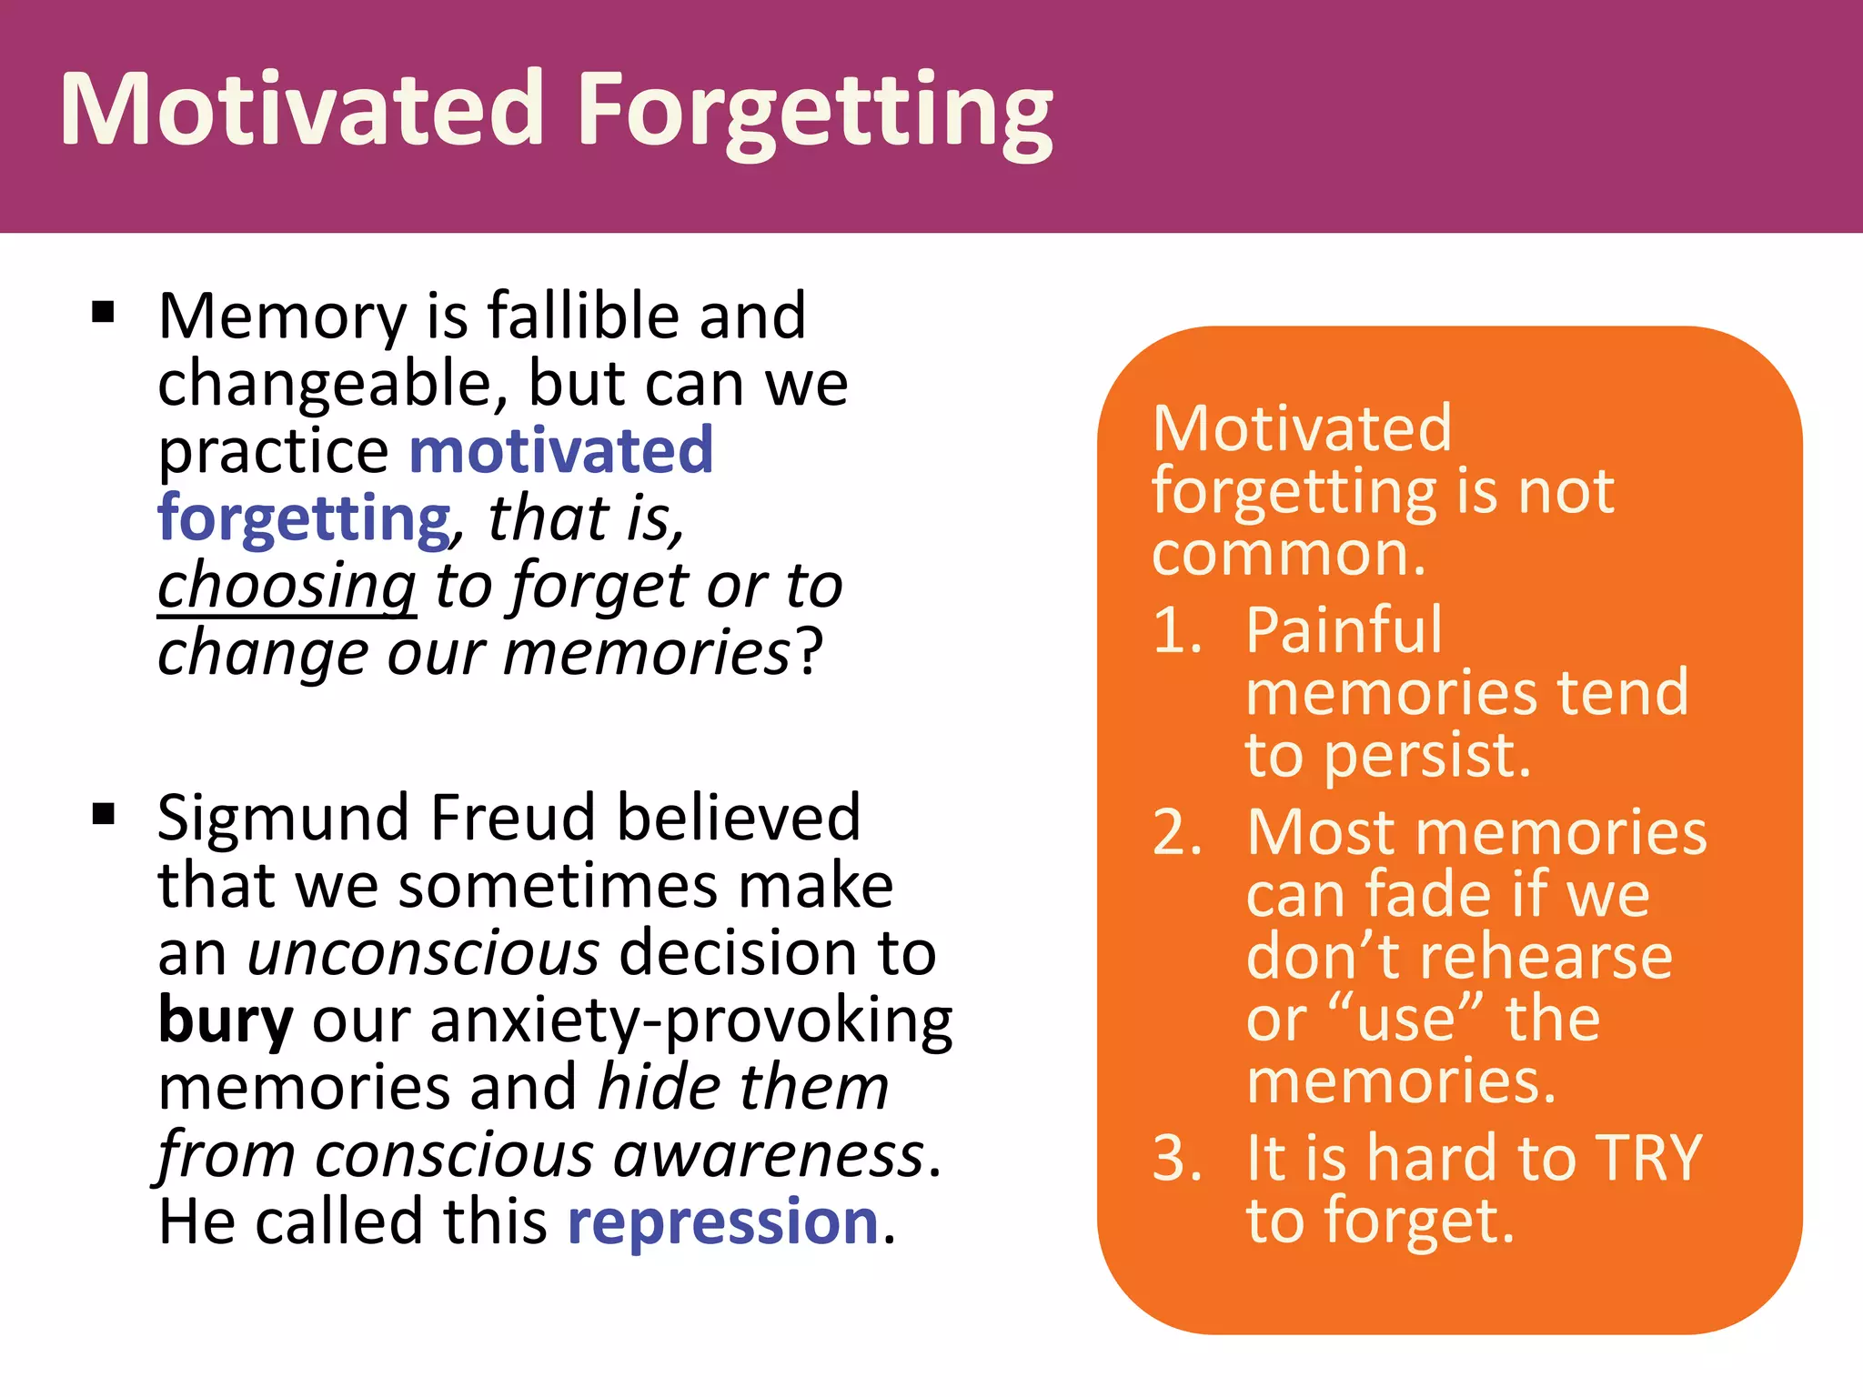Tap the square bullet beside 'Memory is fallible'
[x=104, y=313]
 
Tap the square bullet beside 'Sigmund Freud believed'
[x=104, y=813]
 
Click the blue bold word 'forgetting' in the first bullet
[x=304, y=518]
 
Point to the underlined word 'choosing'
[x=287, y=586]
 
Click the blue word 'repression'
[x=723, y=1221]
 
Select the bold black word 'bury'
[x=225, y=1020]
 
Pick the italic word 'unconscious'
[x=424, y=953]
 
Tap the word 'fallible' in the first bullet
[x=582, y=316]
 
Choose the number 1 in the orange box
[x=1173, y=630]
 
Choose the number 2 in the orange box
[x=1175, y=832]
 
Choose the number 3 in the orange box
[x=1175, y=1159]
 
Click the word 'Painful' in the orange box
[x=1344, y=630]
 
